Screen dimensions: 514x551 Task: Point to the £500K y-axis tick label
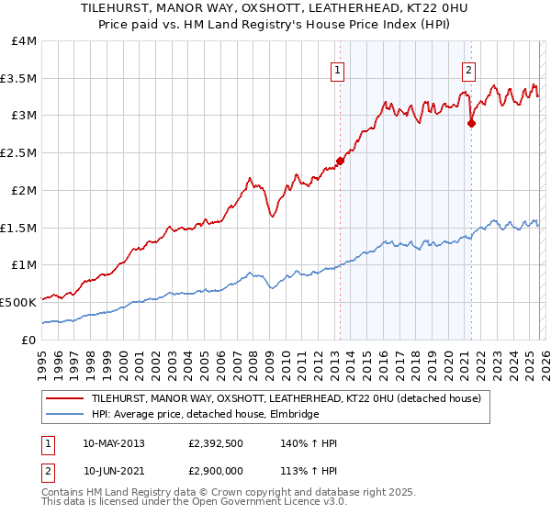[18, 301]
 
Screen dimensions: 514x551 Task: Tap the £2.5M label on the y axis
[19, 152]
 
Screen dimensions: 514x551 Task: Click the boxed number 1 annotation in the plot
[338, 70]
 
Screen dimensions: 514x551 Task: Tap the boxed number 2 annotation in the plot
[468, 70]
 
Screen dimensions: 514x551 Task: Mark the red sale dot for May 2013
[340, 161]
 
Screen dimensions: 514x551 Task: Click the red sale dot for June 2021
[471, 123]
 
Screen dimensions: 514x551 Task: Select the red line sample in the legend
[65, 398]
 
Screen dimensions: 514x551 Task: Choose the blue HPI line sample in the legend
[65, 415]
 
